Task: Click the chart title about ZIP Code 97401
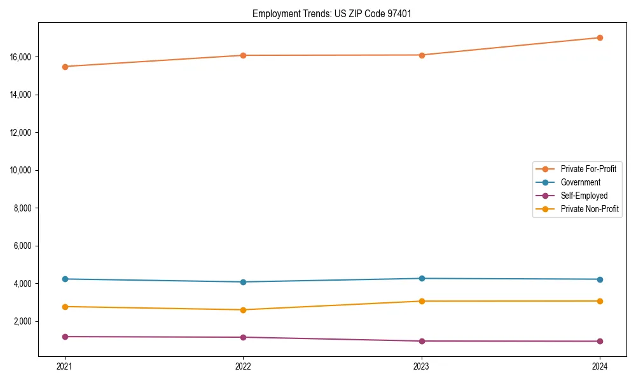coord(331,13)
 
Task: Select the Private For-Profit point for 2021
coord(65,66)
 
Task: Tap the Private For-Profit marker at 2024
coord(600,37)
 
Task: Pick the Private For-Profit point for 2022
coord(243,55)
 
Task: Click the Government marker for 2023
coord(422,278)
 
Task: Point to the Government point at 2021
coord(65,279)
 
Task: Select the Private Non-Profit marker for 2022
coord(243,310)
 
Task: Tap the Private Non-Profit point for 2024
coord(600,301)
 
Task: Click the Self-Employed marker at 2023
coord(422,341)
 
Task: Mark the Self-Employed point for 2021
coord(65,337)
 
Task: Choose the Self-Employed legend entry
coord(584,196)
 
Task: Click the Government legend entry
coord(580,182)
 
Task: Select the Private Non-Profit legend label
coord(590,209)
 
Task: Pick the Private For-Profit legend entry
coord(588,169)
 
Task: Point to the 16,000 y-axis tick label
coord(22,57)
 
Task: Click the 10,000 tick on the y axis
coord(22,170)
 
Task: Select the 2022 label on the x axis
coord(243,366)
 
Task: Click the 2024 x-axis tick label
coord(600,366)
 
